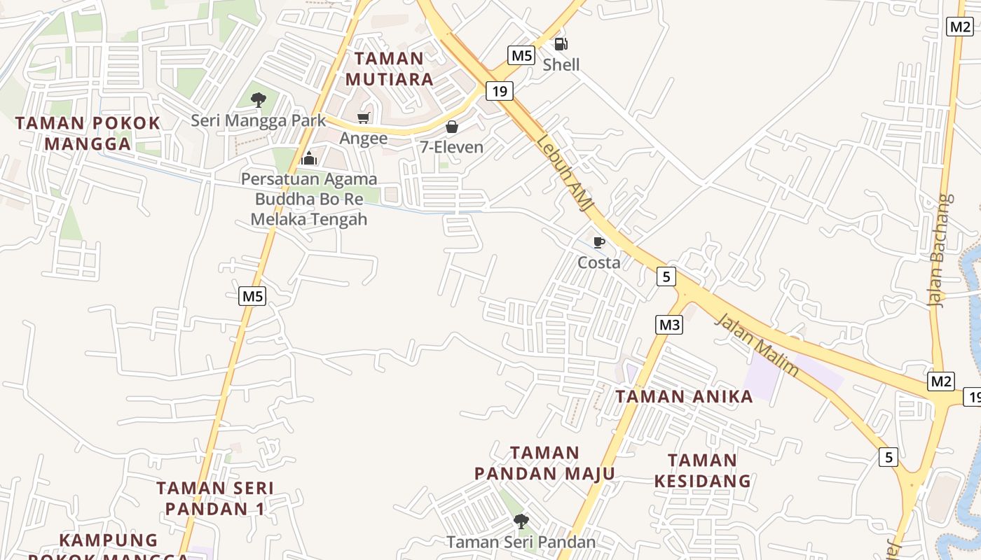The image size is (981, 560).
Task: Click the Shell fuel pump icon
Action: click(x=561, y=44)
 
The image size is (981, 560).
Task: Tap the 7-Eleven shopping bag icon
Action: click(x=452, y=127)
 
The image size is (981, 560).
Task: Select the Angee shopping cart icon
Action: click(x=363, y=118)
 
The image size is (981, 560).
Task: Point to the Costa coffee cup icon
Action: click(x=598, y=242)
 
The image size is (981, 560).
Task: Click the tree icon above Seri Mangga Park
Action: click(x=259, y=99)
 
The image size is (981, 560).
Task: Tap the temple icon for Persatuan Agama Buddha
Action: click(x=309, y=158)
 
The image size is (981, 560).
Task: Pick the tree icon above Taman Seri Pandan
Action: click(x=521, y=521)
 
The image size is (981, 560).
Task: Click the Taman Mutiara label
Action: click(x=389, y=69)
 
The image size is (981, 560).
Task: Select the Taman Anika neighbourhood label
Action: click(x=684, y=397)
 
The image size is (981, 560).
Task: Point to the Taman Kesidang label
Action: click(x=702, y=470)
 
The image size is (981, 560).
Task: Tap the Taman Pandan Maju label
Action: click(x=544, y=463)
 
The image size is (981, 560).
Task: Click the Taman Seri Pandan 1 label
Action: click(x=214, y=498)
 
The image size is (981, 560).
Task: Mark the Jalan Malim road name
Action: click(x=757, y=344)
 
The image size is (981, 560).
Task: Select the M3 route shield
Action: click(x=669, y=325)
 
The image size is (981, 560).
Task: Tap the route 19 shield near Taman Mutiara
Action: click(x=499, y=91)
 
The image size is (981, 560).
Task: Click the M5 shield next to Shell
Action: click(x=521, y=55)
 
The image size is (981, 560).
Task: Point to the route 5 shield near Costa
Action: click(x=666, y=276)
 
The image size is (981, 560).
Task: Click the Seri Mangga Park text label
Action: click(x=259, y=120)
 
